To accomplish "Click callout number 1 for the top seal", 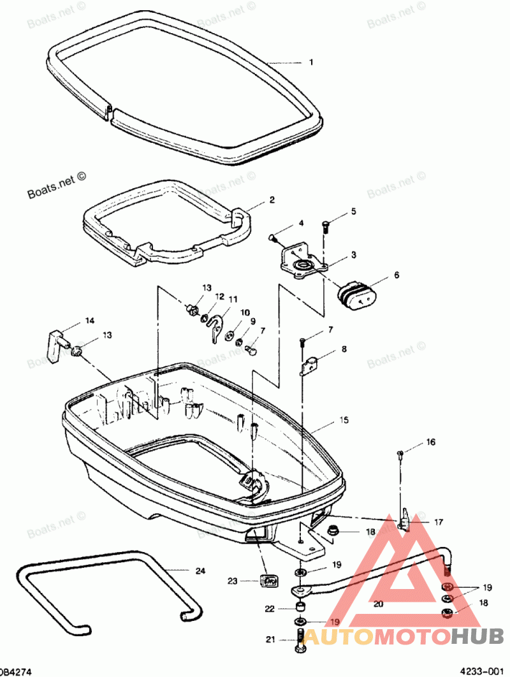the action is coord(311,62).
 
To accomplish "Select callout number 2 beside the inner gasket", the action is coord(272,200).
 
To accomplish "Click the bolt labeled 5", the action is coord(326,226).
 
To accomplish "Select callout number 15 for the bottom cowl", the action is coord(344,421).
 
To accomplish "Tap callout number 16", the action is coord(431,441).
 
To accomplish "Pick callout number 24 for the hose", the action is coord(200,571).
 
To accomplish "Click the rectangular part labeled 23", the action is coord(270,580).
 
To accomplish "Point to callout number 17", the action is coord(438,521).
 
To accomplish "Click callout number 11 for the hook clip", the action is coord(233,299).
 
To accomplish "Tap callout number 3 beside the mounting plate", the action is coord(353,255).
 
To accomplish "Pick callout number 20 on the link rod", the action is coord(377,602).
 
